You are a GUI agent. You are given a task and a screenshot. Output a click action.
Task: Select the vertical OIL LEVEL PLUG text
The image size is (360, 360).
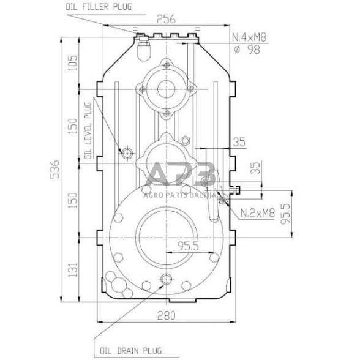tap(88, 131)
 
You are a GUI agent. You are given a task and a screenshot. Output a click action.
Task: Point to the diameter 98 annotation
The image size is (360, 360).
tap(248, 50)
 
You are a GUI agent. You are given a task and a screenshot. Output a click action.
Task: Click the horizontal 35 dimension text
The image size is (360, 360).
tap(239, 143)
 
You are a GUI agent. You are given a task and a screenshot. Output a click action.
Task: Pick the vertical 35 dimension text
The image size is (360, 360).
tap(257, 168)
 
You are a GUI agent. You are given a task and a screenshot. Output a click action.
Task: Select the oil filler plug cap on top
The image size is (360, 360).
tap(145, 48)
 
